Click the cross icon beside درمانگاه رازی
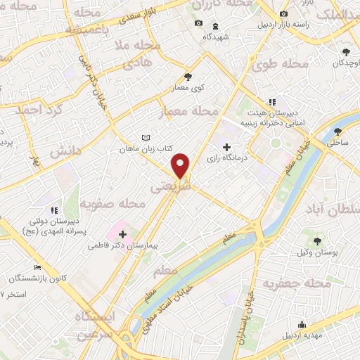click(226, 147)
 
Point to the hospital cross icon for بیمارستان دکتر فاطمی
click(123, 234)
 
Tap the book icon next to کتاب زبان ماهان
click(146, 138)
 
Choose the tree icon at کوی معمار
click(187, 77)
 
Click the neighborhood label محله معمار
click(191, 111)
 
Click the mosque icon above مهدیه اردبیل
click(302, 324)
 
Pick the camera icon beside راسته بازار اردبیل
click(283, 14)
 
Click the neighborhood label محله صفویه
click(112, 204)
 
